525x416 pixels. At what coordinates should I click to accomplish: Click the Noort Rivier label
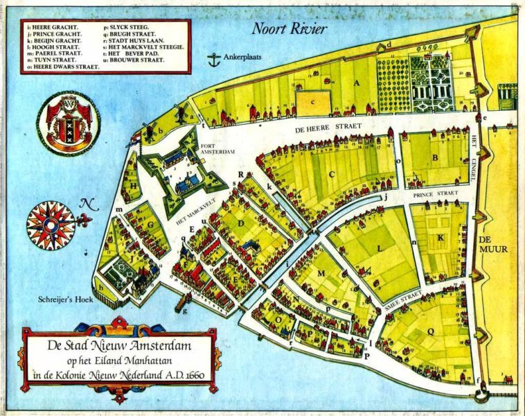click(x=289, y=28)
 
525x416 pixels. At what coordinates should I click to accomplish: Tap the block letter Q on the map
click(x=430, y=331)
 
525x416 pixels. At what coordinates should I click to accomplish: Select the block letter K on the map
click(x=441, y=237)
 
